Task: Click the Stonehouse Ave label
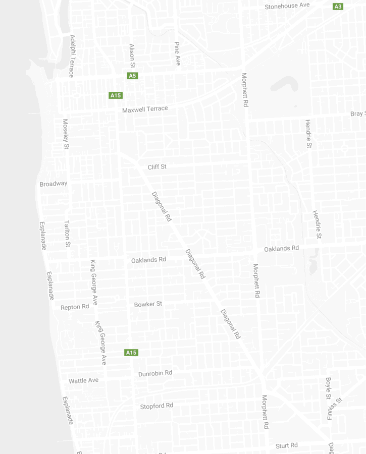coord(287,6)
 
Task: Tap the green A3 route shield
coord(338,7)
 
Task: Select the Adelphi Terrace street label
coord(72,55)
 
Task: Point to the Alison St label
coord(132,55)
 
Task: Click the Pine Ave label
coord(177,53)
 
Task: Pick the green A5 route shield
coord(132,76)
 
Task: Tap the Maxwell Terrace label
coord(145,109)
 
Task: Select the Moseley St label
coord(65,134)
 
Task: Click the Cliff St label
coord(157,167)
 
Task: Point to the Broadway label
coord(54,184)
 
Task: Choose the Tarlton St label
coord(67,233)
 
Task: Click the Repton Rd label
coord(75,307)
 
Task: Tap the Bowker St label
coord(148,304)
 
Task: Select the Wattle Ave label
coord(83,381)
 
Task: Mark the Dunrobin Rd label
coord(155,373)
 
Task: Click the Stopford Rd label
coord(156,406)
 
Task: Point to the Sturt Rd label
coord(286,446)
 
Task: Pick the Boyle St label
coord(328,388)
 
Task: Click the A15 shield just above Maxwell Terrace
coord(116,95)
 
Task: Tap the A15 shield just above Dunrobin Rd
coord(131,353)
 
